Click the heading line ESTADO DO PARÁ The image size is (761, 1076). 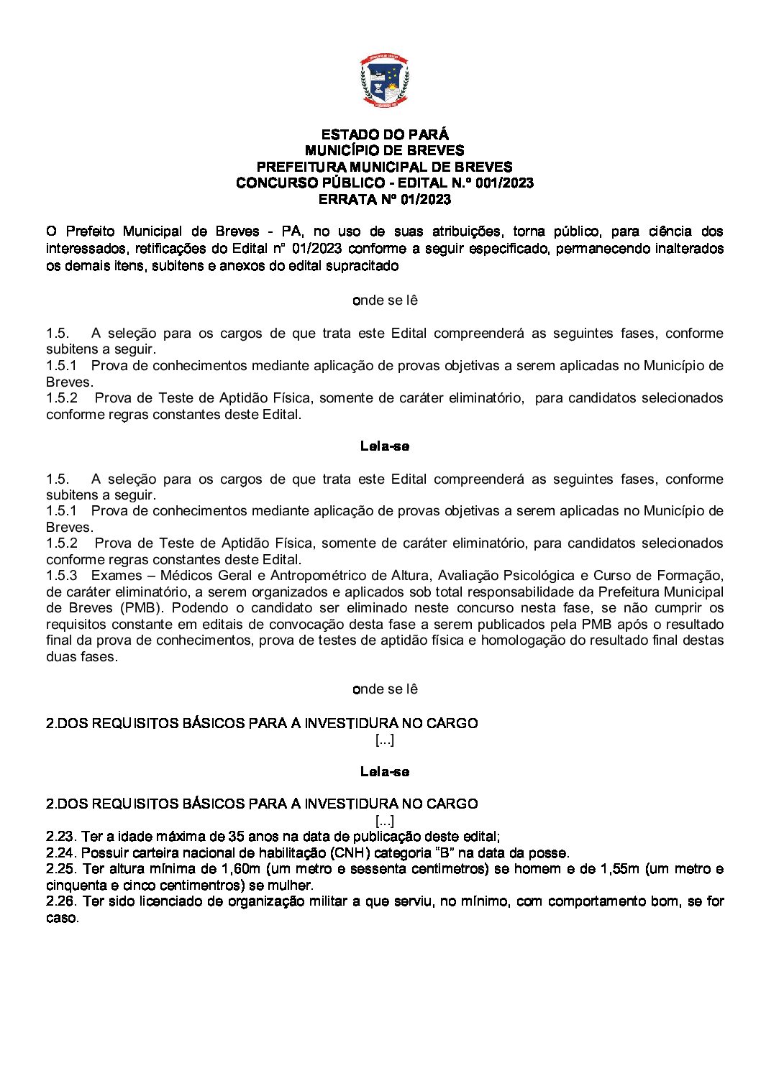(384, 134)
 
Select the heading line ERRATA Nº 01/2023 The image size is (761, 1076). (384, 199)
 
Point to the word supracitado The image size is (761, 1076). (363, 265)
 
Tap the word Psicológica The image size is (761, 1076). (543, 575)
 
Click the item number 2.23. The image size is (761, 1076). (60, 836)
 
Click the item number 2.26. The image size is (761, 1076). (60, 901)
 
